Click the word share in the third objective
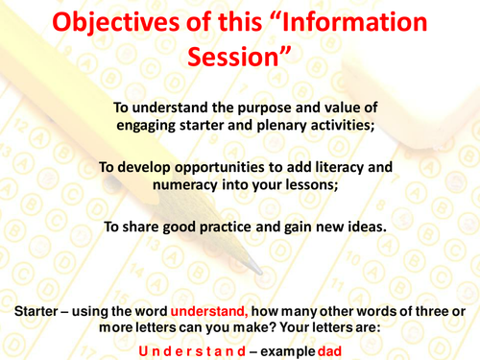(x=160, y=227)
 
